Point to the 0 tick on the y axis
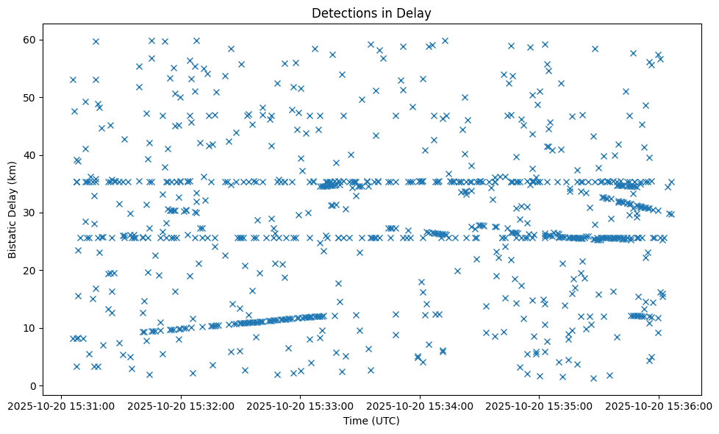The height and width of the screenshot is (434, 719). click(x=32, y=385)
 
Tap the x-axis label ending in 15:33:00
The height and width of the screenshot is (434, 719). click(x=300, y=405)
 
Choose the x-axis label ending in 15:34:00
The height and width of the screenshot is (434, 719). click(x=420, y=405)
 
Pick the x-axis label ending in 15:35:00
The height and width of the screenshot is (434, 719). click(x=539, y=405)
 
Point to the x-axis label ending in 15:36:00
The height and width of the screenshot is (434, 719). click(x=659, y=405)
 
